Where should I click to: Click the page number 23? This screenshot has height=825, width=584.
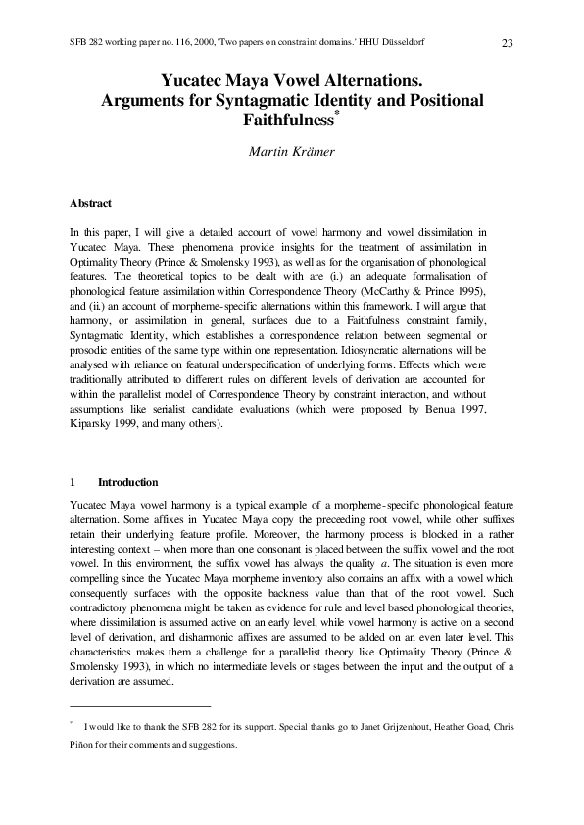tap(507, 42)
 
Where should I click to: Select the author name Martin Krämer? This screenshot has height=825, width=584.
tap(291, 150)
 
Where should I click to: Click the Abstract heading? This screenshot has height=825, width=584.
tap(90, 203)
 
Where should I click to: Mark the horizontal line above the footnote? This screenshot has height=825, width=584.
tap(140, 706)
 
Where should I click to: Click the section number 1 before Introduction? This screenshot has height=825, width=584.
tap(73, 482)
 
